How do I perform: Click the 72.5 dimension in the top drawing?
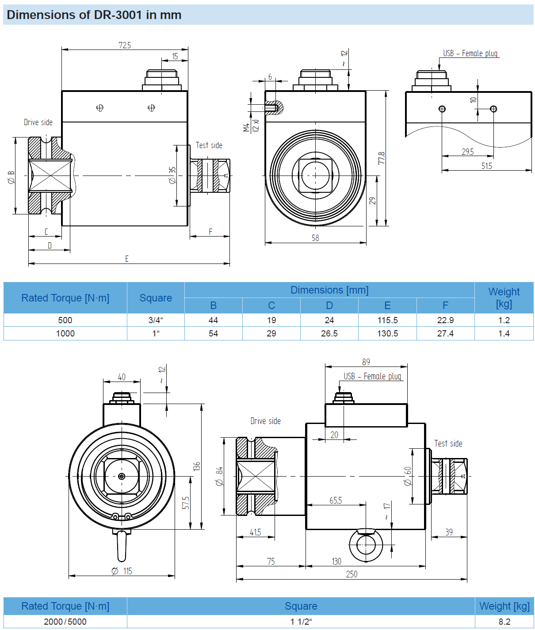pyautogui.click(x=125, y=45)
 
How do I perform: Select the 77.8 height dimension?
pyautogui.click(x=381, y=158)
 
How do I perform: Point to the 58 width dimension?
pyautogui.click(x=315, y=238)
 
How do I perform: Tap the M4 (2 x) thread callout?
pyautogui.click(x=251, y=126)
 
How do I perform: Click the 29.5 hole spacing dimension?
pyautogui.click(x=467, y=152)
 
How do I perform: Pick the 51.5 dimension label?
pyautogui.click(x=486, y=166)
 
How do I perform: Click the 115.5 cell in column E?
pyautogui.click(x=387, y=320)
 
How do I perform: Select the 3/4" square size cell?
pyautogui.click(x=156, y=320)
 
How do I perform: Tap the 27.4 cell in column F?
pyautogui.click(x=445, y=333)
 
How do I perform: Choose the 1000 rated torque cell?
pyautogui.click(x=65, y=333)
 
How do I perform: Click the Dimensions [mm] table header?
pyautogui.click(x=329, y=290)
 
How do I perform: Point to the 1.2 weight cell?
pyautogui.click(x=504, y=320)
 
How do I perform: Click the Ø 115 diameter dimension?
pyautogui.click(x=122, y=571)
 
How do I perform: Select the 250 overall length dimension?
pyautogui.click(x=352, y=574)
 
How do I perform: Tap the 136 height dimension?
pyautogui.click(x=197, y=466)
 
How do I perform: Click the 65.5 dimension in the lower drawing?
pyautogui.click(x=336, y=500)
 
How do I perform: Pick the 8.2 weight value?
pyautogui.click(x=504, y=622)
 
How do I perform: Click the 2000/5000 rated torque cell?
pyautogui.click(x=65, y=622)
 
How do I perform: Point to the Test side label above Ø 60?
pyautogui.click(x=448, y=443)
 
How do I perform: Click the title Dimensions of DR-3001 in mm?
pyautogui.click(x=94, y=15)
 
